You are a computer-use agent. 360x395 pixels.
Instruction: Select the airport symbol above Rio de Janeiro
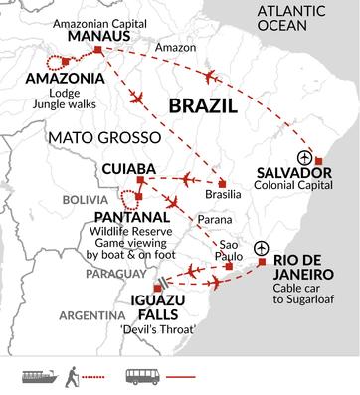(x=261, y=248)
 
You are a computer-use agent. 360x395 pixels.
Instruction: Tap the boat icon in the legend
(x=37, y=377)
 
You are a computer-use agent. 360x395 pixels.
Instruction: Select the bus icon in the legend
(x=141, y=377)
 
